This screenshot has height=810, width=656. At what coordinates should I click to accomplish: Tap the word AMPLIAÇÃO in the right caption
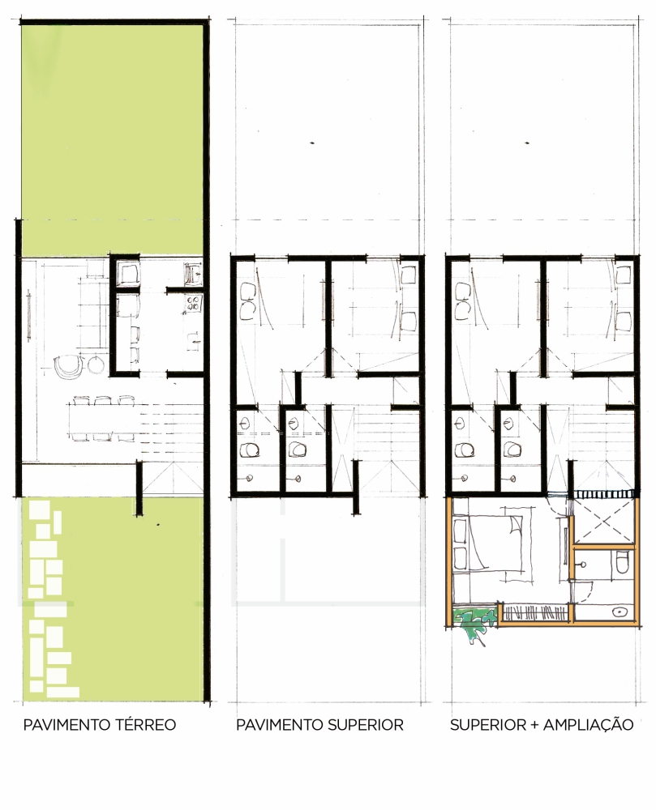tap(588, 724)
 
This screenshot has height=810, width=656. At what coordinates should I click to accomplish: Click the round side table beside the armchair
tap(97, 364)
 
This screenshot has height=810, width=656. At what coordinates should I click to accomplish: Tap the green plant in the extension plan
tap(473, 624)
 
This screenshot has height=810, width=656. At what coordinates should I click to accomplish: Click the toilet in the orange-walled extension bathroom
tap(623, 563)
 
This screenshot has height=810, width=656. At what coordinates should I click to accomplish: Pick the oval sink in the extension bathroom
tap(618, 612)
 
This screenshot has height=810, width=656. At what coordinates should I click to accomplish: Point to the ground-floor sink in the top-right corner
tap(193, 273)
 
